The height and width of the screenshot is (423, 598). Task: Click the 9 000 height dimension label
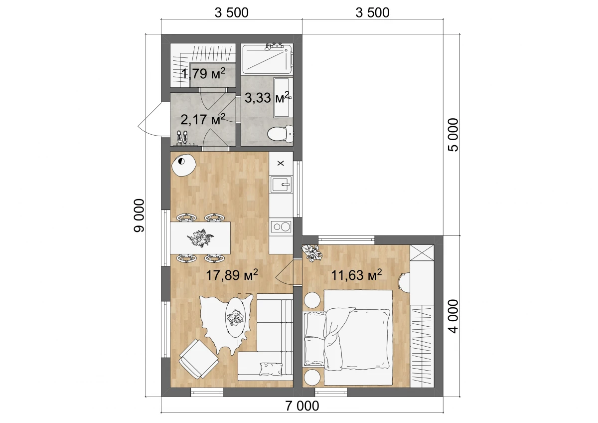[x=139, y=215]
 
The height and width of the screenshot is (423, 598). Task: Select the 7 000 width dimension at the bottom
[x=302, y=406]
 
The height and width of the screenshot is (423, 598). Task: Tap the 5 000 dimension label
[x=453, y=135]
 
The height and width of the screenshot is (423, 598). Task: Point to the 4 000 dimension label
[x=453, y=316]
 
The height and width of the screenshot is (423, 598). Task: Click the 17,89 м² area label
[x=232, y=275]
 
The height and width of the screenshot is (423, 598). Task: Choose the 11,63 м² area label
[x=356, y=275]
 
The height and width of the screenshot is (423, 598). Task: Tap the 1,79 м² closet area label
[x=203, y=73]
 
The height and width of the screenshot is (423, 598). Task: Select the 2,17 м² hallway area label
[x=203, y=119]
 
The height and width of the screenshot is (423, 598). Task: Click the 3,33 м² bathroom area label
[x=267, y=97]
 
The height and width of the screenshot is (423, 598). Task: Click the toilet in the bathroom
[x=280, y=134]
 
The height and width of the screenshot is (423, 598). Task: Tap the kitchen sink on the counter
[x=281, y=185]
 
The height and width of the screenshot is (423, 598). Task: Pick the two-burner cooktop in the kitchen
[x=281, y=227]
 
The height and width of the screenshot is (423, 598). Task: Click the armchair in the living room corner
[x=199, y=359]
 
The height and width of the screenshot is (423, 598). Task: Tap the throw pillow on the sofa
[x=271, y=369]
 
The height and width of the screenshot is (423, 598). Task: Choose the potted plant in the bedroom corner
[x=312, y=253]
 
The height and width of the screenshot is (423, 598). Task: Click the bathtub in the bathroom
[x=267, y=59]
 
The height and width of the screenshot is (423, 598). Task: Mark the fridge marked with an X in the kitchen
[x=281, y=163]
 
